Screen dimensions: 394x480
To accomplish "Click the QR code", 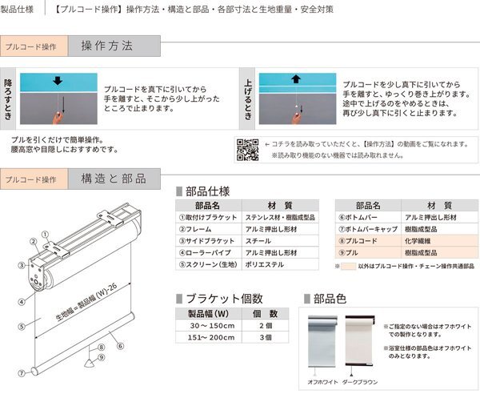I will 246,148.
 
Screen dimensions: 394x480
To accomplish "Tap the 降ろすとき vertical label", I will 9,99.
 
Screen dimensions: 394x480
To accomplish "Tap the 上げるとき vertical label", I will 248,99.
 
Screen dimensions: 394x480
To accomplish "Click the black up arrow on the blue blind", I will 295,79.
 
